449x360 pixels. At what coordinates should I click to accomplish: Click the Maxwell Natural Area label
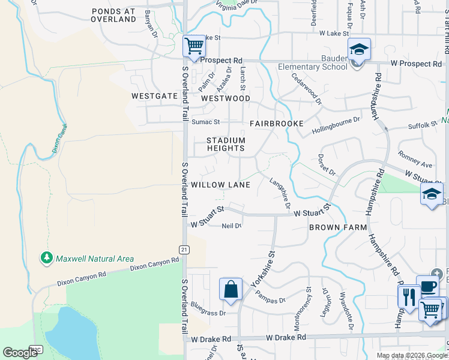94,259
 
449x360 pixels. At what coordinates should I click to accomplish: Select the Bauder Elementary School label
313,63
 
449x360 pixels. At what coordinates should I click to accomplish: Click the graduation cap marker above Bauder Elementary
359,50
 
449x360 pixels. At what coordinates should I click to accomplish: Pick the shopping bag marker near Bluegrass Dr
231,290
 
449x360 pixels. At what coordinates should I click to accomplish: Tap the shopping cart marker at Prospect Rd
194,46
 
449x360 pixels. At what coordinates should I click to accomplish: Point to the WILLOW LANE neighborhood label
220,185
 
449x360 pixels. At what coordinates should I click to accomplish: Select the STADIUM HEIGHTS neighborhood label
226,144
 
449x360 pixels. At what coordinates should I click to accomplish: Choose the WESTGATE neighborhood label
155,96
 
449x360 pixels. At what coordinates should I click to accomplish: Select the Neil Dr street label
231,226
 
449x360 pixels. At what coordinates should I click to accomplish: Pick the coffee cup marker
427,287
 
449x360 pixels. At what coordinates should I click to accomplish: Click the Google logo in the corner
20,353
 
